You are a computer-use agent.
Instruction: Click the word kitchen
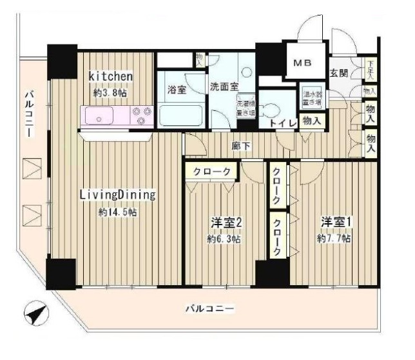click(111, 77)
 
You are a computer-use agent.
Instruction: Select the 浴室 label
click(177, 91)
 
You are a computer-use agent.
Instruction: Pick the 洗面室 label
click(223, 85)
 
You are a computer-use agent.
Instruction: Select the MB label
click(302, 64)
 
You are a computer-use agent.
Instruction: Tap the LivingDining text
click(118, 194)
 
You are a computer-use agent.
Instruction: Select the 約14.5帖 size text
click(117, 212)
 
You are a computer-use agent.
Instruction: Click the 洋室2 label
click(225, 223)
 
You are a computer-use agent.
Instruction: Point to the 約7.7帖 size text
click(333, 239)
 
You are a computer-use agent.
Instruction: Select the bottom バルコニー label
click(211, 308)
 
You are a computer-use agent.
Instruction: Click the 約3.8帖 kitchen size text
click(111, 93)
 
